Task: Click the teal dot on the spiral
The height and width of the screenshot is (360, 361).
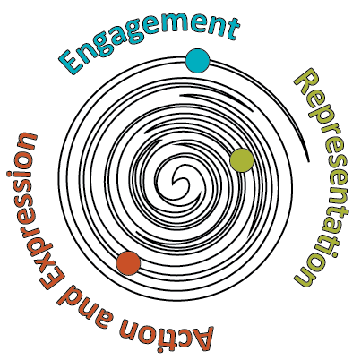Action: click(197, 61)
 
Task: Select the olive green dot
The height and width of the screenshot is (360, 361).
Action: click(242, 160)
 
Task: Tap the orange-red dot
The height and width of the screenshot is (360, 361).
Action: click(128, 263)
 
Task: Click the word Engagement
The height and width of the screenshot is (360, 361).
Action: click(149, 38)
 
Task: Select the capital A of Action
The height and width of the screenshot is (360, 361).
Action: click(201, 339)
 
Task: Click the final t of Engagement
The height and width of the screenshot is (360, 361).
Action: click(232, 29)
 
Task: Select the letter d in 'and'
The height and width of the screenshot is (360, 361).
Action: click(65, 298)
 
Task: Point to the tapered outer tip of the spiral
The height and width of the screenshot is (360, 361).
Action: click(307, 161)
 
